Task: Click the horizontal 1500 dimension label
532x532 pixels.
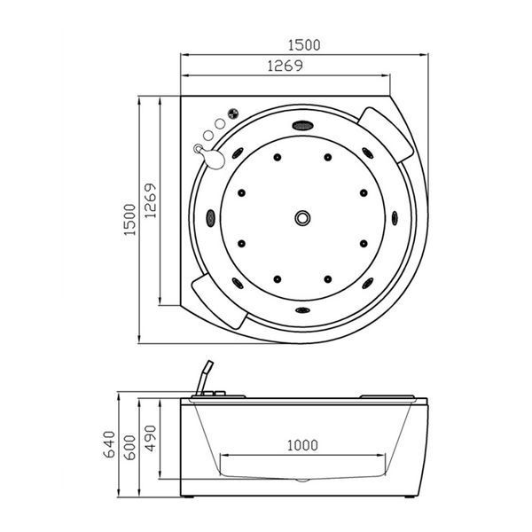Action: pos(304,45)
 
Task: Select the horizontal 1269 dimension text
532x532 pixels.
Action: pos(285,66)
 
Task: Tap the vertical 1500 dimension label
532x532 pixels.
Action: pos(129,220)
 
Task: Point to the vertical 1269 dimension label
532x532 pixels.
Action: pos(151,200)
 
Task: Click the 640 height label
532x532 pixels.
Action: pos(109,444)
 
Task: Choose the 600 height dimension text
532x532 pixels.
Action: pos(129,447)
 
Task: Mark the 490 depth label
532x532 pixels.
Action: pos(151,438)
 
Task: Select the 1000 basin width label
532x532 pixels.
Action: pos(302,445)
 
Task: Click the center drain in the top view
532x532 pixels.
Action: pos(302,218)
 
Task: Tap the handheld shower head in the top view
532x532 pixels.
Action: pos(214,159)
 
